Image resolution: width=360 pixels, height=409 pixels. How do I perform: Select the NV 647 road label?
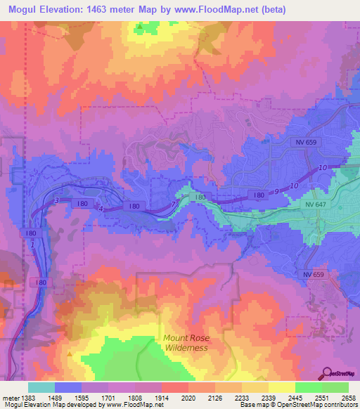point(316,204)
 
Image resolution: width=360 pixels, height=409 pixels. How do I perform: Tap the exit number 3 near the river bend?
point(56,201)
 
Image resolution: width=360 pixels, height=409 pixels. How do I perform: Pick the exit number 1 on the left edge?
point(32,243)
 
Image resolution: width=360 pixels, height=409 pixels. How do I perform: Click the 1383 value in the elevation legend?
point(27,398)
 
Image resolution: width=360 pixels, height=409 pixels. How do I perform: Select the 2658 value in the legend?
point(349,398)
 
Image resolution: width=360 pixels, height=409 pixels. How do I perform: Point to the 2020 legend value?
point(188,398)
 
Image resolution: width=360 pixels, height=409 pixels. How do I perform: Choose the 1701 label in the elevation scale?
point(108,398)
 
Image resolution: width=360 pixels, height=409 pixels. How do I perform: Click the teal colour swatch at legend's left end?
point(41,387)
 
